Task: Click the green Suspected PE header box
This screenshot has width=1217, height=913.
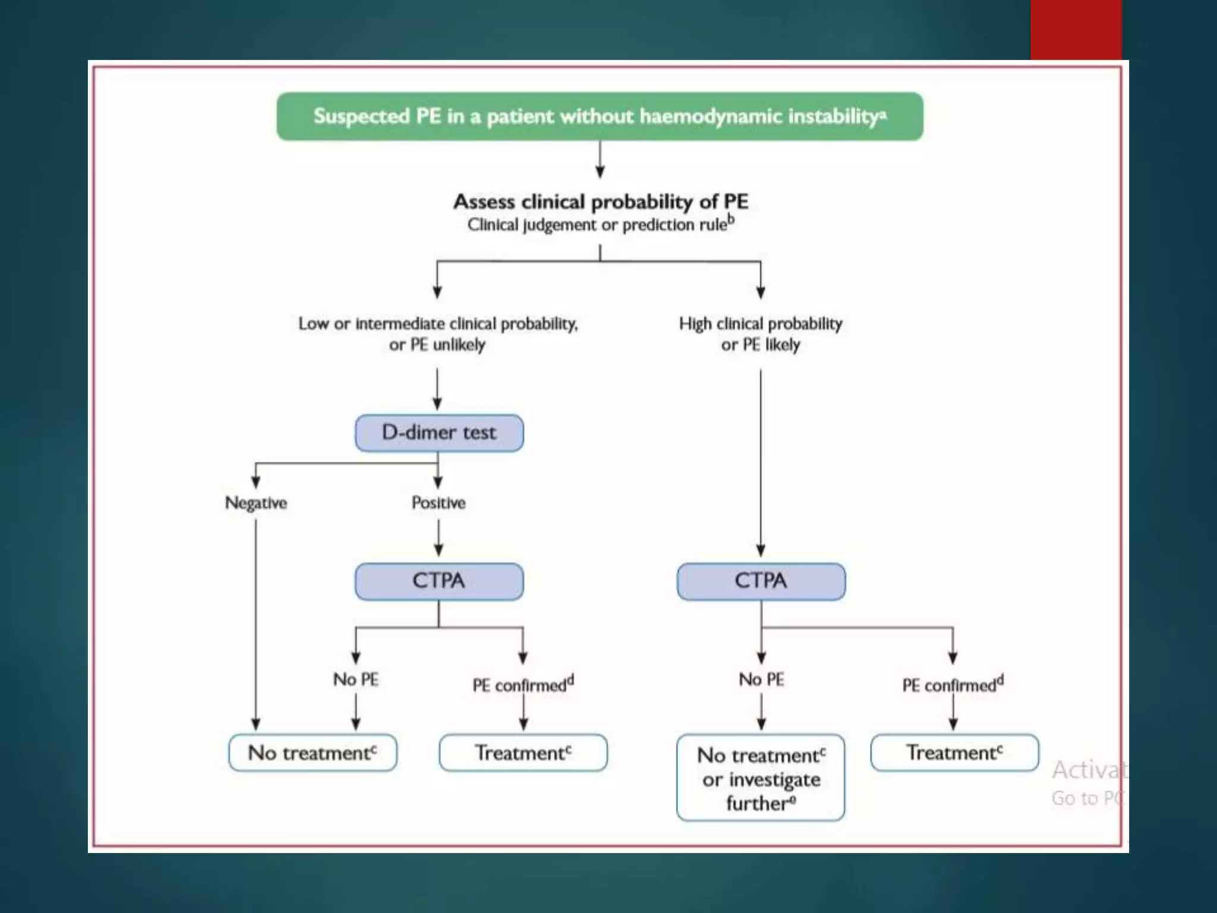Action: [x=600, y=117]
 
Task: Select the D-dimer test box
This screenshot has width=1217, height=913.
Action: [x=439, y=433]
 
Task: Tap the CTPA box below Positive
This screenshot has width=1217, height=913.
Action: [x=439, y=581]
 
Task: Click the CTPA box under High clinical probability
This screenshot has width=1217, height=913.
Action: [x=761, y=581]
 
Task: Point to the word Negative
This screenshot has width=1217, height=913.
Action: [x=256, y=503]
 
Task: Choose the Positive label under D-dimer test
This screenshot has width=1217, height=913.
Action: [x=439, y=503]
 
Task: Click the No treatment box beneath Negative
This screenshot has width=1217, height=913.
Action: [x=313, y=753]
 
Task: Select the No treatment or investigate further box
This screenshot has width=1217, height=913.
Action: [x=761, y=778]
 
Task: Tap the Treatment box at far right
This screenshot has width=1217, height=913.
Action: [x=954, y=753]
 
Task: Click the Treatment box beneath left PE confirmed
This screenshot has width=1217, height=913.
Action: [x=523, y=753]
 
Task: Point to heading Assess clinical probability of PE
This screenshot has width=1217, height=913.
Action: [x=600, y=202]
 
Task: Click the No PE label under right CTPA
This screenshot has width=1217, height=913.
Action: [x=761, y=679]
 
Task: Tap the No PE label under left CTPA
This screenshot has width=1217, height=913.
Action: [x=355, y=679]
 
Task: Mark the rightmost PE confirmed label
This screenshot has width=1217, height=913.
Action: [x=952, y=685]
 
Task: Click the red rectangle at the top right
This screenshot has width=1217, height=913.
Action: [x=1076, y=30]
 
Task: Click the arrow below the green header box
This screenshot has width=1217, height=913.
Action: [x=600, y=159]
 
